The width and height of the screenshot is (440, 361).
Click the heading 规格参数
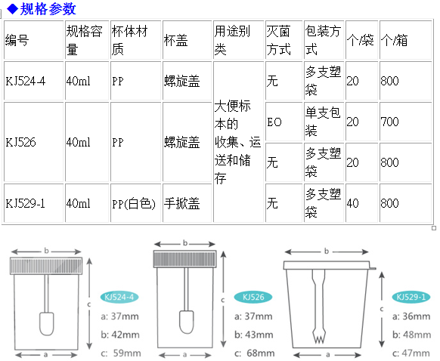point(48,9)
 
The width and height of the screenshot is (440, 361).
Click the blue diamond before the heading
point(13,9)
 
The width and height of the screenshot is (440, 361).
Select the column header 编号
point(17,40)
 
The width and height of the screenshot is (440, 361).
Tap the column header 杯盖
point(175,40)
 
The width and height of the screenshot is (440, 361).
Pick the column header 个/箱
point(394,40)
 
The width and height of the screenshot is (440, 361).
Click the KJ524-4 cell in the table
point(25,81)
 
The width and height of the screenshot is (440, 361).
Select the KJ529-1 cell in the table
point(25,203)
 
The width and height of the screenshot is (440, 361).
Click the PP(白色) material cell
point(134,203)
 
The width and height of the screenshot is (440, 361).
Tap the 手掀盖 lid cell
point(182,203)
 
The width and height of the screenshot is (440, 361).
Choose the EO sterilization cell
point(274,122)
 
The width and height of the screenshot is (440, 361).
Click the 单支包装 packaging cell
point(323,122)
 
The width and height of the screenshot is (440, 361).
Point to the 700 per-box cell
point(390,122)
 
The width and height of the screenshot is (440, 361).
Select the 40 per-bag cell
point(353,203)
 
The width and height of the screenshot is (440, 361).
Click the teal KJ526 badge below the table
point(253,297)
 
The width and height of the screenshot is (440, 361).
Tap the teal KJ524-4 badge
point(119,297)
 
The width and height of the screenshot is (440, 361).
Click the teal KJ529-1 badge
point(411,297)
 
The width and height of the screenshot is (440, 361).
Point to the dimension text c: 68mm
point(255,353)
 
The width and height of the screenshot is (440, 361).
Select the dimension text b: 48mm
point(412,335)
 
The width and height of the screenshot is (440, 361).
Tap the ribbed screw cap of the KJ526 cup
point(184,259)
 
